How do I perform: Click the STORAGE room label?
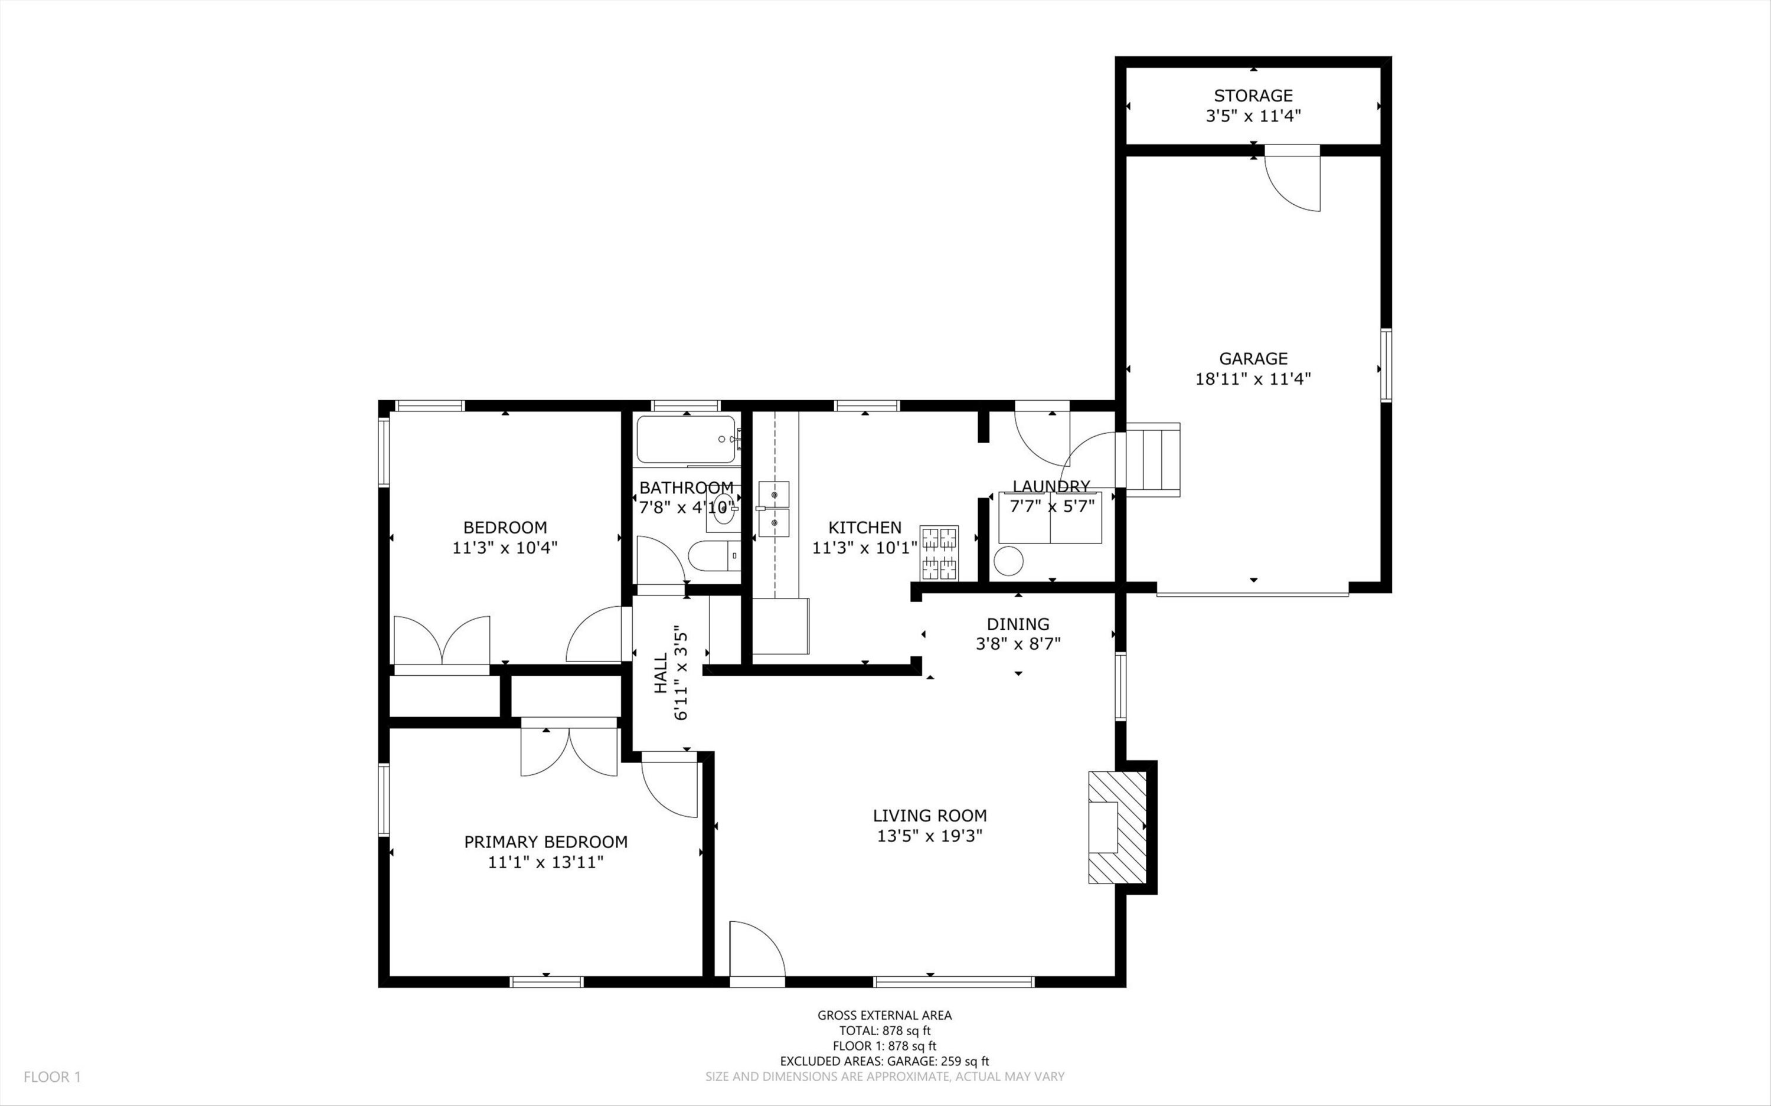(1253, 95)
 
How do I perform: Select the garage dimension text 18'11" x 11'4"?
(1253, 379)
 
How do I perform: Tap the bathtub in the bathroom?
(685, 439)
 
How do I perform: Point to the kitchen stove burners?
(939, 553)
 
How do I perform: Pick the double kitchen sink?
(773, 509)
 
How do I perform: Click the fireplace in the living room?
(1117, 827)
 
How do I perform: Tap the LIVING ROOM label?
(930, 816)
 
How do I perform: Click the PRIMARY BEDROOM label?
(545, 842)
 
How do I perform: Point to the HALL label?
(661, 673)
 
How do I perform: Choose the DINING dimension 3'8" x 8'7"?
(1018, 644)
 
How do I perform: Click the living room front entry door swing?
(757, 949)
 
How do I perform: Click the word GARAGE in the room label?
(1253, 358)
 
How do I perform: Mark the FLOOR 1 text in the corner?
(52, 1076)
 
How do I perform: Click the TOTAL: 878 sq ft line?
(884, 1030)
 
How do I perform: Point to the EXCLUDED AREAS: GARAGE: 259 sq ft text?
(884, 1061)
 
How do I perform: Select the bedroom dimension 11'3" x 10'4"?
(505, 548)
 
